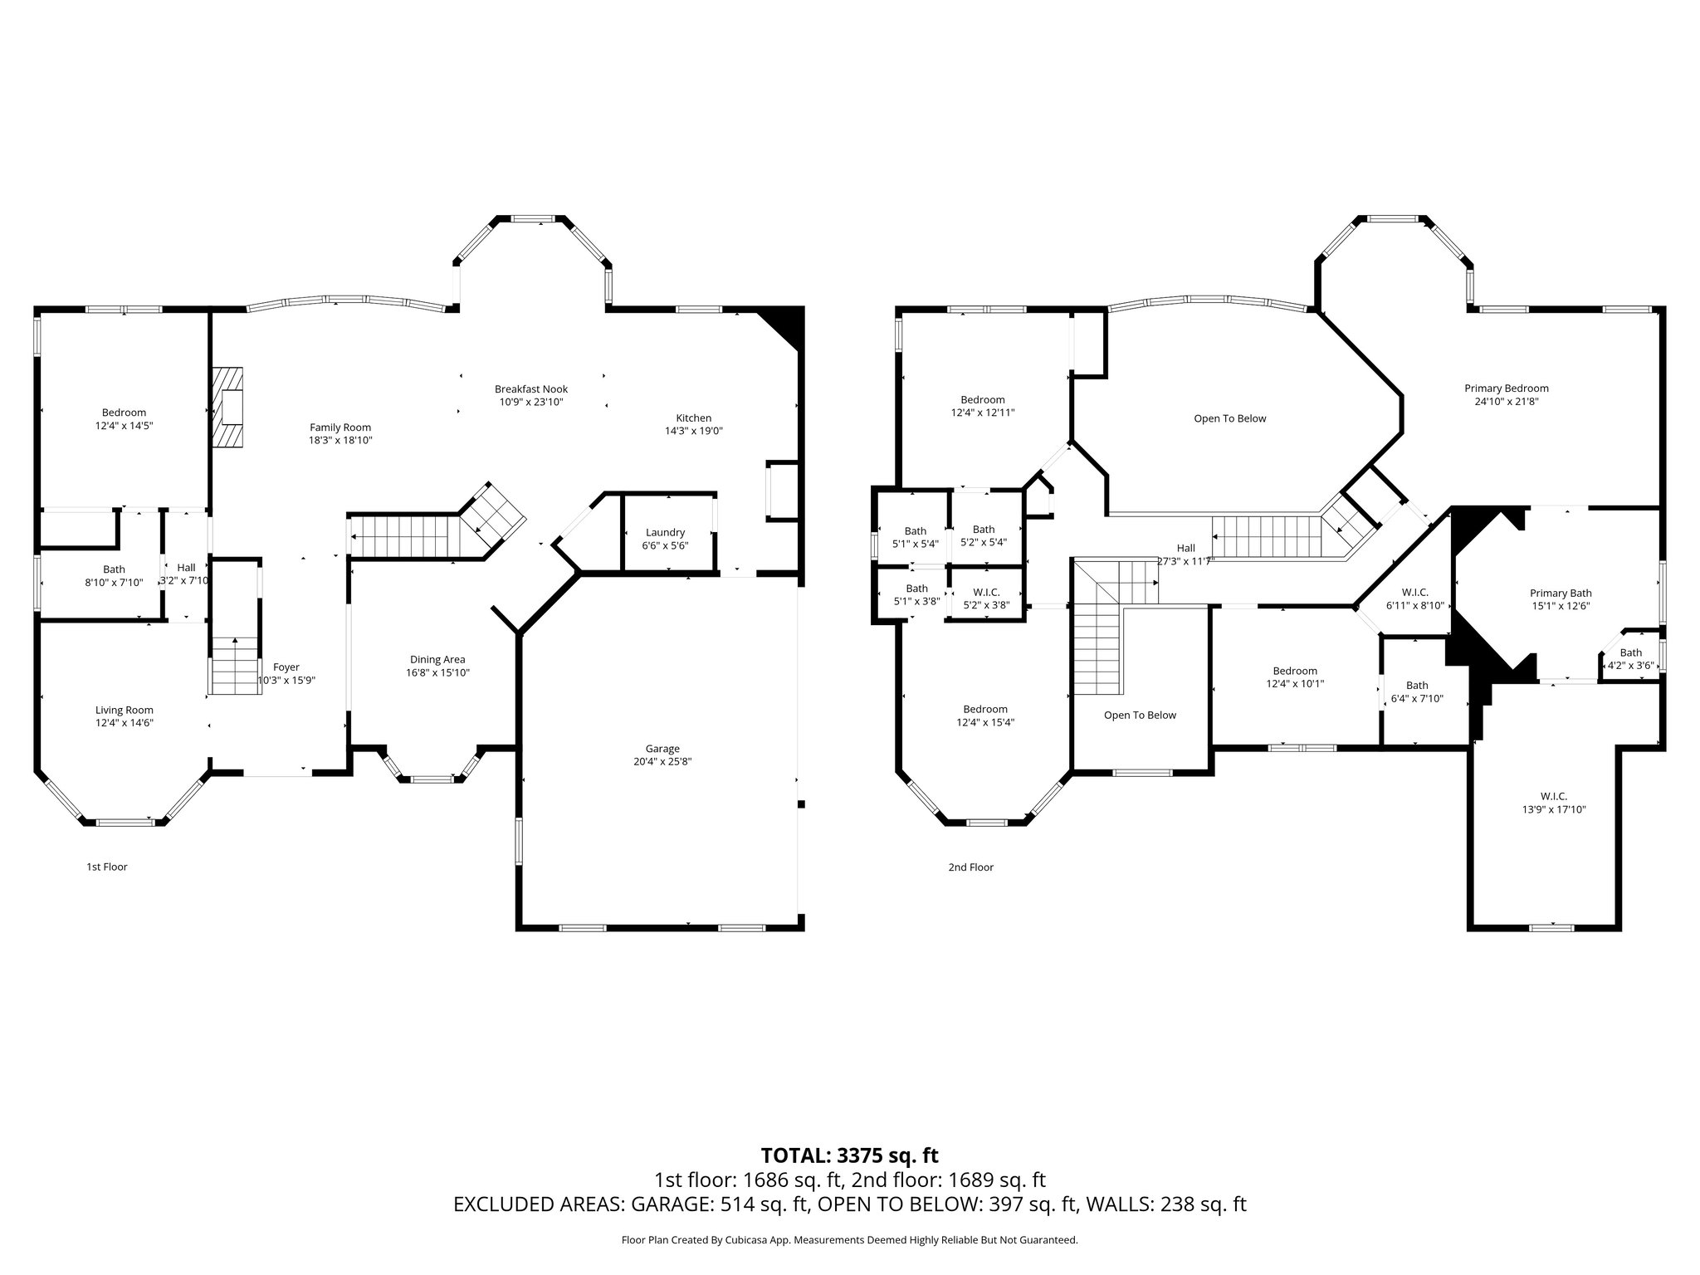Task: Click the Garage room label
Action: (662, 749)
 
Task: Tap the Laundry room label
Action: (665, 532)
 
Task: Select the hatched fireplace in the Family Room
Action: (227, 408)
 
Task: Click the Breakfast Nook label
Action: (531, 389)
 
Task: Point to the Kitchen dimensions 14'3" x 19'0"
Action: (693, 431)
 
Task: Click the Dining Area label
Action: (437, 660)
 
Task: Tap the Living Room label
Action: (125, 710)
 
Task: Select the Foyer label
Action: (286, 667)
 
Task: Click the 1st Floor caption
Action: (107, 867)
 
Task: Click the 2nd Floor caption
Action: (970, 867)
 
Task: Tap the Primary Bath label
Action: (1561, 594)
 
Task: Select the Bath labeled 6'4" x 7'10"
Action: (1417, 686)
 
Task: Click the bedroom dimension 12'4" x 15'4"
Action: (985, 722)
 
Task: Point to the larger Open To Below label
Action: (1229, 418)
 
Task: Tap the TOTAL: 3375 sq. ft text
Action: (849, 1155)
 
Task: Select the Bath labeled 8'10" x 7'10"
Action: (114, 569)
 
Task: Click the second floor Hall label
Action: (1185, 548)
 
